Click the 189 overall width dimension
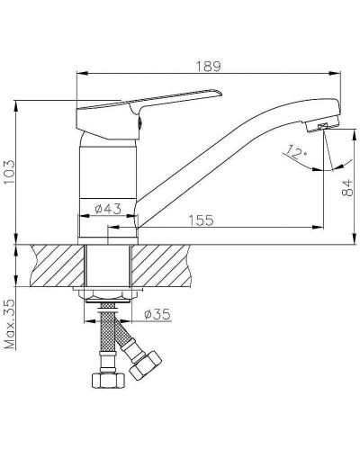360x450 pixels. click(208, 67)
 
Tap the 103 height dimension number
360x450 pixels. click(9, 173)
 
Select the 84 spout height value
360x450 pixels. click(347, 187)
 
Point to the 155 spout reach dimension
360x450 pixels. click(201, 220)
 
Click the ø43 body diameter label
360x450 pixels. click(108, 209)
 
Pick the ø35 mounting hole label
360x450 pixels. click(157, 314)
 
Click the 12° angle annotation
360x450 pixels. click(297, 152)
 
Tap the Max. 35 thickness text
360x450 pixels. click(10, 324)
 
